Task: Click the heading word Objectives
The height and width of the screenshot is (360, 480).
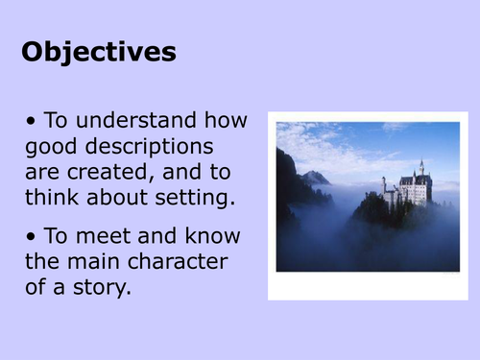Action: click(x=99, y=51)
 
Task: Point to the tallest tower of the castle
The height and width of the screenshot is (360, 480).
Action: click(x=420, y=169)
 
